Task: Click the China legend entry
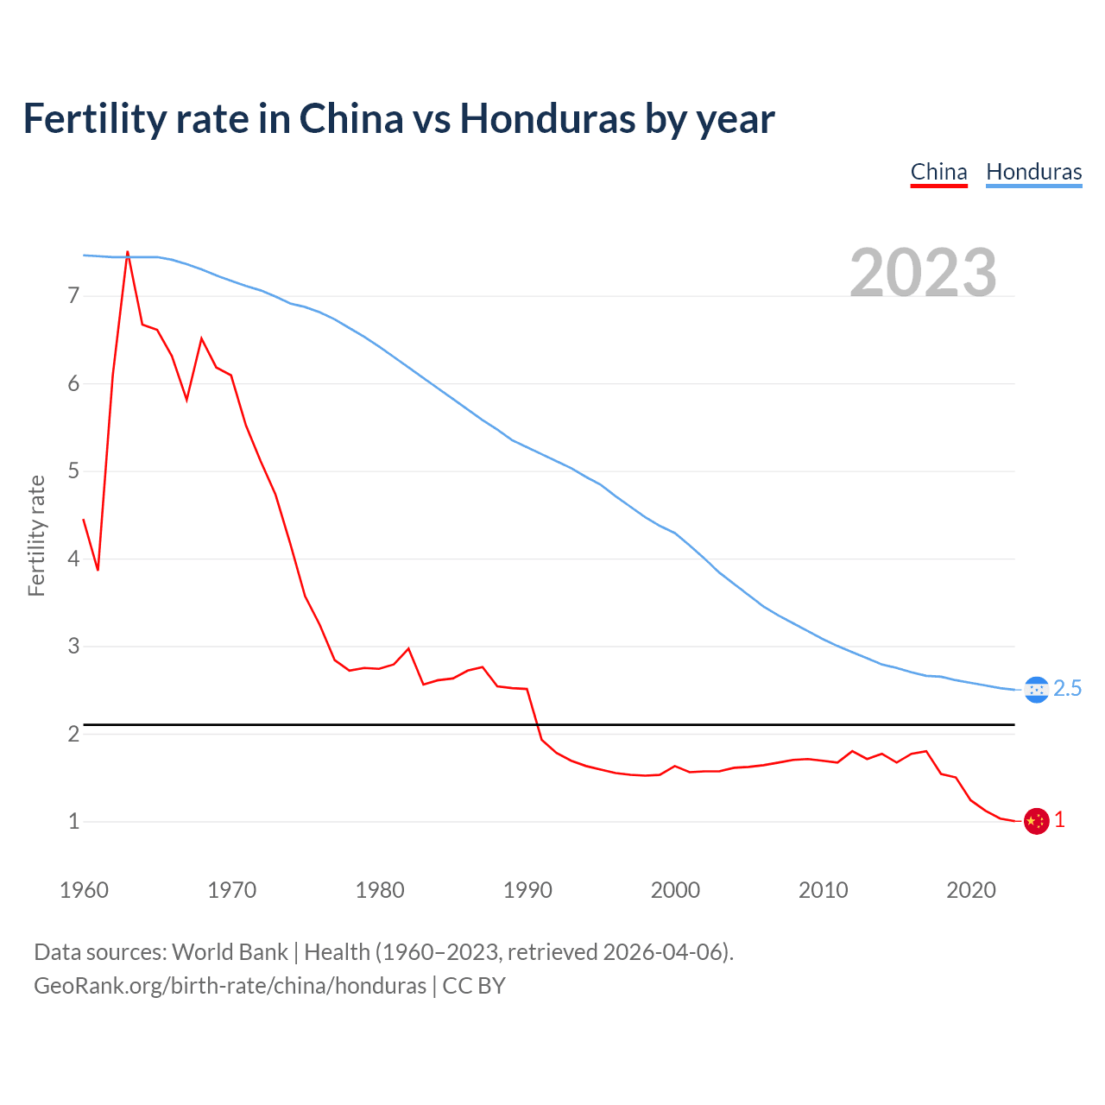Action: point(938,172)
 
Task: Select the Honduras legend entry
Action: point(1033,172)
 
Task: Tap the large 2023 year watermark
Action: point(923,273)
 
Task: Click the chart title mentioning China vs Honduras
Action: point(398,118)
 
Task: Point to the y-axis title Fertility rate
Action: point(36,535)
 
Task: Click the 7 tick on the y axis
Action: point(73,296)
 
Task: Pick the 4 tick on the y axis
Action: point(73,559)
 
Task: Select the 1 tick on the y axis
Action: point(73,821)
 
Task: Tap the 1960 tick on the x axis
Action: point(84,890)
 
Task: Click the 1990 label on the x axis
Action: point(527,890)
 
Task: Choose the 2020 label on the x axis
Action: point(971,890)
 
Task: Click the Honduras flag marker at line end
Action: point(1036,689)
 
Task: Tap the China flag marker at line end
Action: point(1036,821)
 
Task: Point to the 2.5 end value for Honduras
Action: point(1067,688)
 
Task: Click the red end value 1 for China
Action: point(1059,820)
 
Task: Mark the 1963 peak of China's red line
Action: point(128,252)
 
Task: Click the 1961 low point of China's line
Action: point(98,570)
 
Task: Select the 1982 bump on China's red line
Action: point(408,648)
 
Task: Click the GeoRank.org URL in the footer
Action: point(230,986)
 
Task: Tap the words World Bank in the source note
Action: point(230,952)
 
